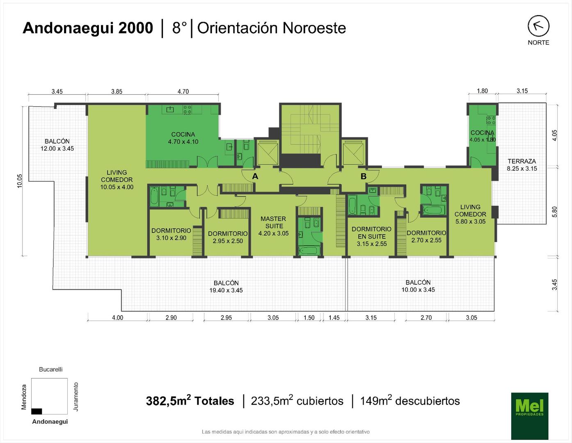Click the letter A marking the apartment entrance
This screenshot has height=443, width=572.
tap(255, 176)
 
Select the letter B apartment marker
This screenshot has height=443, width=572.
tap(364, 176)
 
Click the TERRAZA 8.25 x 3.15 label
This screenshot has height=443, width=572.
tap(522, 165)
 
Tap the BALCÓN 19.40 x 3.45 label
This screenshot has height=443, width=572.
tap(226, 287)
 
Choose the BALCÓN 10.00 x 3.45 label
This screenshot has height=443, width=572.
tap(418, 286)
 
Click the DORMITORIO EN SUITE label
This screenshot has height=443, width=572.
tap(371, 233)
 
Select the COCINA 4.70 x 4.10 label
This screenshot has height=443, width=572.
tap(183, 138)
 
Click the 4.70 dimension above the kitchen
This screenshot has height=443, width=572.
tap(183, 91)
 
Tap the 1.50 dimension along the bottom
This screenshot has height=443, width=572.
tap(309, 317)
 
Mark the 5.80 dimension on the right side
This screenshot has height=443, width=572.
tap(555, 212)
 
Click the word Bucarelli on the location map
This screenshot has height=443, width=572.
tap(50, 369)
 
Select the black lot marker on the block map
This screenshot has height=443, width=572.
tap(37, 411)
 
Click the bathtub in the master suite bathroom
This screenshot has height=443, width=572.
tap(309, 251)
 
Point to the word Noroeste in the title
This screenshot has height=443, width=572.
tap(314, 28)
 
